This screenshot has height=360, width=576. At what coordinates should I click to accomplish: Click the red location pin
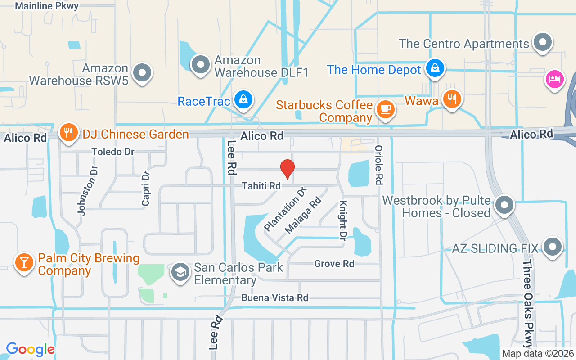(x=288, y=169)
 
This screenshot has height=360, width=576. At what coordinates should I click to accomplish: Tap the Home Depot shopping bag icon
(x=435, y=68)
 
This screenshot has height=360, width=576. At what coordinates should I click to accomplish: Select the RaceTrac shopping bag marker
(x=243, y=100)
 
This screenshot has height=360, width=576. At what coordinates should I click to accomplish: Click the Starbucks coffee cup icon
(x=385, y=108)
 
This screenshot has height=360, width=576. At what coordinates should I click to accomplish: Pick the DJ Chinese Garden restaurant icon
(x=68, y=133)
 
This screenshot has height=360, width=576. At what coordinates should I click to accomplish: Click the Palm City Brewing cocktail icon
(x=24, y=262)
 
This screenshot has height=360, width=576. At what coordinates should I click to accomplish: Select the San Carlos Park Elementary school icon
(x=181, y=272)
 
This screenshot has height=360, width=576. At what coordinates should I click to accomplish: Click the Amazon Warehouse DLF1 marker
(x=200, y=64)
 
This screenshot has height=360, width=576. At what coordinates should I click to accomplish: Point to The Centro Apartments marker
(x=542, y=42)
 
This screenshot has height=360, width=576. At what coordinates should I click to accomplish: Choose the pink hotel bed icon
(x=554, y=80)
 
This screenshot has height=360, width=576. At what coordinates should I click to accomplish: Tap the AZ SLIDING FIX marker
(x=553, y=247)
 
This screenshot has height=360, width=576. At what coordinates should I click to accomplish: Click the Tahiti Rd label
(x=261, y=186)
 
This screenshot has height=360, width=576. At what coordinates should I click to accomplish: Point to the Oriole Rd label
(x=378, y=165)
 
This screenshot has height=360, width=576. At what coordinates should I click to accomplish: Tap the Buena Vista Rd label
(x=274, y=298)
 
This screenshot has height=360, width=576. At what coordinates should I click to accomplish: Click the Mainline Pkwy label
(x=47, y=6)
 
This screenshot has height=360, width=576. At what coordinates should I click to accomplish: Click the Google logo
(x=30, y=349)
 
